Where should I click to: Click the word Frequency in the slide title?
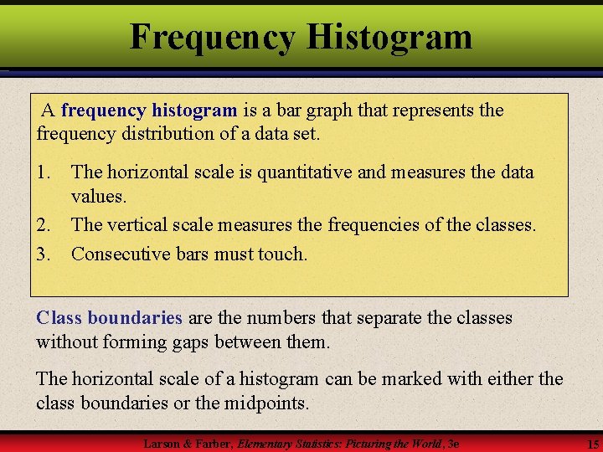click(212, 37)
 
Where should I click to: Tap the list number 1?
click(44, 172)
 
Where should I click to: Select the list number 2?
click(44, 225)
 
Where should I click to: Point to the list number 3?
click(44, 253)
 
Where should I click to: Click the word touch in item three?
click(282, 253)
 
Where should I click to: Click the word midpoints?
click(265, 403)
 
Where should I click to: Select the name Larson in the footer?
click(162, 443)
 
